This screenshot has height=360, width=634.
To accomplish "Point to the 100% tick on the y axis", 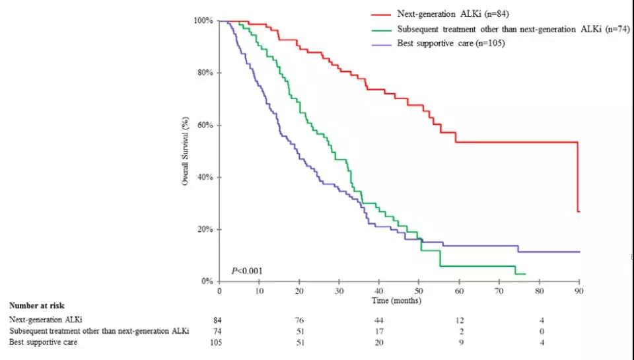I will coord(203,20).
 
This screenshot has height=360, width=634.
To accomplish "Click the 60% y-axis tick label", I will coord(204,125).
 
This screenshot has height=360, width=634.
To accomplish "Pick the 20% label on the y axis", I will coord(204,229).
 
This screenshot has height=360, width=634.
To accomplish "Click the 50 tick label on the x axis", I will coord(419,291).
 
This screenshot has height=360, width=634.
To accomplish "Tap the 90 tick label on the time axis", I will coord(579,291).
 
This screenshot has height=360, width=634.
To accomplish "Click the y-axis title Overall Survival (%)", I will coord(186,151).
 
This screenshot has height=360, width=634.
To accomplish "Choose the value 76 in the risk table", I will coord(300,320).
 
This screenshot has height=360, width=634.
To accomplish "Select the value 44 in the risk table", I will coord(380,320).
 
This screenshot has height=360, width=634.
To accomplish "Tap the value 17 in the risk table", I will coord(380,330).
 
